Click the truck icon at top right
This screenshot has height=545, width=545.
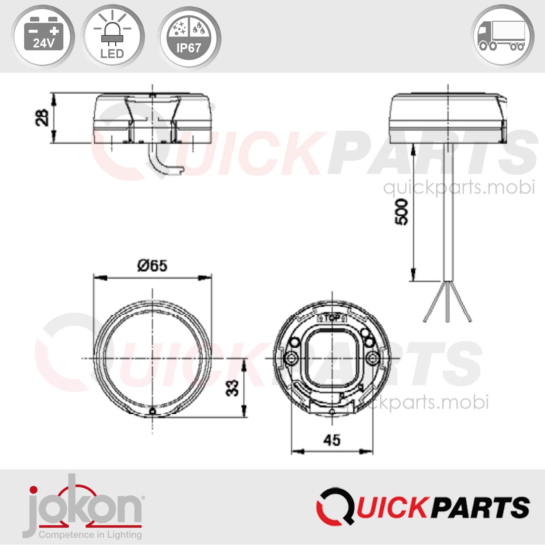[502, 36]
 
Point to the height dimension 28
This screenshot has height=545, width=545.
[42, 118]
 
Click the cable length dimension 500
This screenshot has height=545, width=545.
[401, 212]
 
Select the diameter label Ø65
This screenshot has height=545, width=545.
[152, 266]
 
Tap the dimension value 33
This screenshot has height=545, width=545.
[232, 388]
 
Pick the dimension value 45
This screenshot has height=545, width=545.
[332, 440]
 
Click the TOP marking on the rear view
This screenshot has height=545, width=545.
[332, 318]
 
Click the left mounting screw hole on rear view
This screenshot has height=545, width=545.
[292, 359]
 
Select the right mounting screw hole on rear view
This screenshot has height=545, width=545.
[372, 359]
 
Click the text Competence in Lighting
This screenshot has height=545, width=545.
[90, 534]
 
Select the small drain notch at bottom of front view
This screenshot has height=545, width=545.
[153, 411]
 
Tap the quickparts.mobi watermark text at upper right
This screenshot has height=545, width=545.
[459, 188]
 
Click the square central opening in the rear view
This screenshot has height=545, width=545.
[332, 359]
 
